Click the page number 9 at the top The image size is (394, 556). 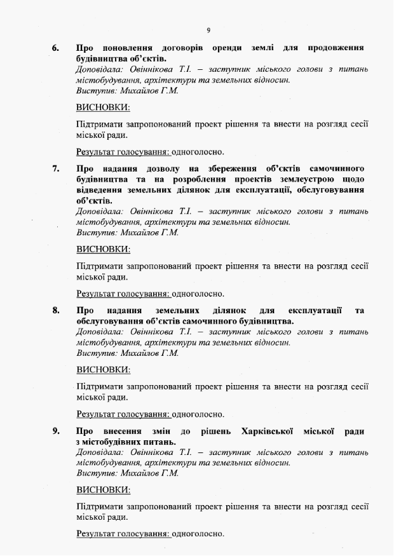[208, 30]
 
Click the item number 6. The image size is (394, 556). [55, 48]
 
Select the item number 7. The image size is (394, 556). [55, 169]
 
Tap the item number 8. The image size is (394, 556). [55, 311]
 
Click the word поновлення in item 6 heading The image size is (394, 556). [127, 48]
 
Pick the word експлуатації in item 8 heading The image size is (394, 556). [315, 311]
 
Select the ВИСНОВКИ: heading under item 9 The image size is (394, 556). [103, 491]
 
